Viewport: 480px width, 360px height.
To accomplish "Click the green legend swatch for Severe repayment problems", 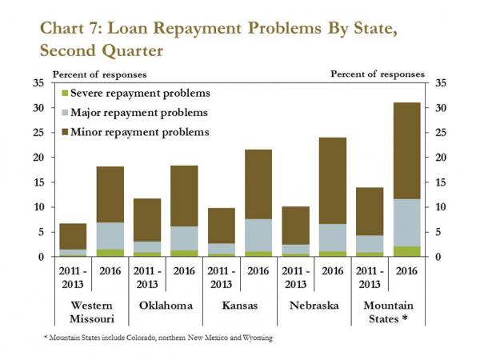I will tap(67, 94).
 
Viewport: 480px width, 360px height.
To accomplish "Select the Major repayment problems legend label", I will tap(140, 113).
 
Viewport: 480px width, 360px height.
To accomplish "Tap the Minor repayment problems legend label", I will tap(140, 131).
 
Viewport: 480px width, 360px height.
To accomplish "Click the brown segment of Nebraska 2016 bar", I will tap(332, 181).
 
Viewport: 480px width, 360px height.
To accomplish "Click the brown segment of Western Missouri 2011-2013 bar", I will tap(74, 237).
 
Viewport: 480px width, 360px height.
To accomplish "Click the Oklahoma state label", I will tap(167, 305).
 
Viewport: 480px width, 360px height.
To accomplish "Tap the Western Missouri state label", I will tap(92, 311).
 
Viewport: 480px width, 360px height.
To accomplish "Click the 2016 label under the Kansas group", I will tap(257, 272).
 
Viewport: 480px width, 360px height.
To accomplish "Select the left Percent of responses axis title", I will tap(100, 74).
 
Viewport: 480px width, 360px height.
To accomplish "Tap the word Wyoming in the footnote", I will tap(256, 338).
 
